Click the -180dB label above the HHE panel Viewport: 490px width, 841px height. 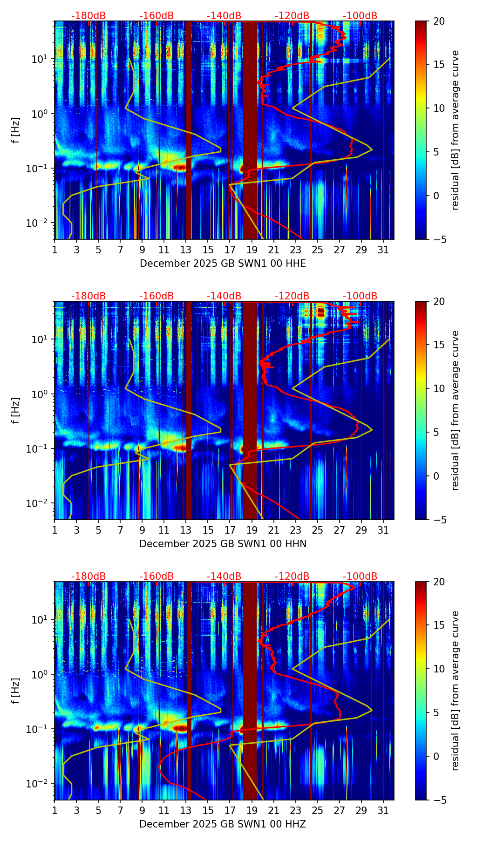click(88, 16)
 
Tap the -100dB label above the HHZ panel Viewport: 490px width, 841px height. click(360, 576)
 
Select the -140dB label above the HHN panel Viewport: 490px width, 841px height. click(224, 296)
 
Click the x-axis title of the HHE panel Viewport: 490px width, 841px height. click(223, 264)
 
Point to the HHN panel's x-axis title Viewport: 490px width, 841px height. click(223, 544)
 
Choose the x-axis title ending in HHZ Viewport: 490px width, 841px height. click(223, 824)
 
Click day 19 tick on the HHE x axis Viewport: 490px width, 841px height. click(252, 250)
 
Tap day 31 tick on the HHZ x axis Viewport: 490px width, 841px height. click(383, 810)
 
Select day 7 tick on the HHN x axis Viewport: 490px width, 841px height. click(120, 530)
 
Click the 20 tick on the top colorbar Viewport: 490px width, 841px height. click(439, 21)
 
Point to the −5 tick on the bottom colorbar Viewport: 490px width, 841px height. click(439, 800)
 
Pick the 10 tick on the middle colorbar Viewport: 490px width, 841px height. click(439, 388)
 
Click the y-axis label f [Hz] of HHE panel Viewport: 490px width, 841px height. click(16, 130)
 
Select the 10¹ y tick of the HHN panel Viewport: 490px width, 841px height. click(37, 339)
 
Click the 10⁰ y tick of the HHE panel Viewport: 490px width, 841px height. click(37, 114)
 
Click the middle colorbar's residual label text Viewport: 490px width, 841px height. click(456, 410)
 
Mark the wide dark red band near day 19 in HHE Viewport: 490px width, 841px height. click(250, 130)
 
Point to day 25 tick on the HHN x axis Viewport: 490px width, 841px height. click(317, 530)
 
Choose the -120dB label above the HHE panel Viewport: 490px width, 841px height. click(292, 16)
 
